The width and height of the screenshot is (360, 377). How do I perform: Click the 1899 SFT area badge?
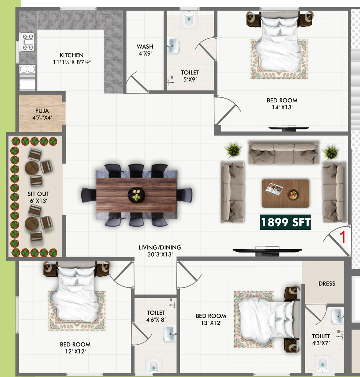click(285, 222)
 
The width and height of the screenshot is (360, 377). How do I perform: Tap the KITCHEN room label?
click(72, 55)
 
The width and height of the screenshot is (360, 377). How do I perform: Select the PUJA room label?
click(42, 110)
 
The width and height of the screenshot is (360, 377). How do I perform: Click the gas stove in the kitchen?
click(28, 42)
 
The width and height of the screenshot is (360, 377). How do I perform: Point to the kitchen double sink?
click(28, 69)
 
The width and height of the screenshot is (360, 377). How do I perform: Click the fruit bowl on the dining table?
click(136, 195)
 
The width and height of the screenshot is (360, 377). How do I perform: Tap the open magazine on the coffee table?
click(274, 189)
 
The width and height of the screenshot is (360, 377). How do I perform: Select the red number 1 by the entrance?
click(342, 237)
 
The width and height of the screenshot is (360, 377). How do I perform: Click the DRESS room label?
click(327, 284)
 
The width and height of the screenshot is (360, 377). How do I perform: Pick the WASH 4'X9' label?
click(145, 50)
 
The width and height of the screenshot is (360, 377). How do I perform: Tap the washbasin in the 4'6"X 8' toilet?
click(169, 334)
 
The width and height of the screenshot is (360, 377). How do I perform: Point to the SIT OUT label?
click(38, 194)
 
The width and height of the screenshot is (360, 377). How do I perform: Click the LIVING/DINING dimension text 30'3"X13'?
click(160, 254)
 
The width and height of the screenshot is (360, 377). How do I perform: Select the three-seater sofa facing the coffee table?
click(284, 153)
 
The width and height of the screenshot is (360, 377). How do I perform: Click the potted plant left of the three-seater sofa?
click(233, 150)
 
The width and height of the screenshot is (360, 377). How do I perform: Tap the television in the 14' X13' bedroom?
click(288, 128)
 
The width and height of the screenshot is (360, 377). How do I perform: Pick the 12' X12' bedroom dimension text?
click(75, 351)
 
